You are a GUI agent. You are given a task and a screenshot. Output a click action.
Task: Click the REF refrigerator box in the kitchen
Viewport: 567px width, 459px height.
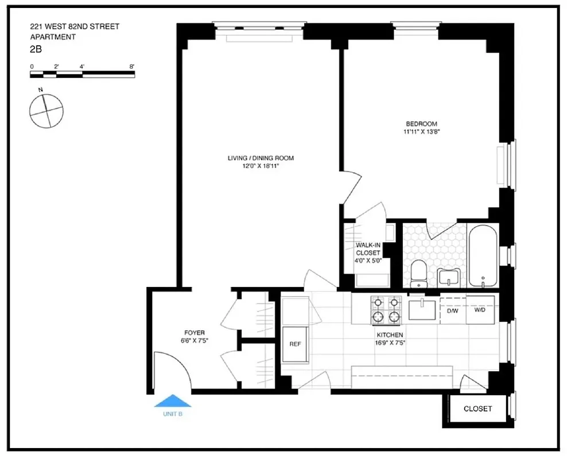295,345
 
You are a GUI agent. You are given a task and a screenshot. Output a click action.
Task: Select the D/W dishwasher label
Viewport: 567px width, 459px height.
453,310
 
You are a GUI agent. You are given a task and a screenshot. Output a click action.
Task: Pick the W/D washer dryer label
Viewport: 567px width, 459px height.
480,310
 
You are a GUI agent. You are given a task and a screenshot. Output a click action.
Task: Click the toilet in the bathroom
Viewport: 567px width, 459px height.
420,273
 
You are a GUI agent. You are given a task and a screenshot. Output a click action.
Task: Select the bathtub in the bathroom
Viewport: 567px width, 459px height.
483,256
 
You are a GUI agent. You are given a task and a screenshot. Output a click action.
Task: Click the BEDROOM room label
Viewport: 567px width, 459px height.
421,124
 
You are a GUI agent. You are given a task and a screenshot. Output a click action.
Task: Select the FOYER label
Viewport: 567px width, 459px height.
194,333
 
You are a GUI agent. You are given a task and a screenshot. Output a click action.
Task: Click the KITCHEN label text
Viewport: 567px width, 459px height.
390,335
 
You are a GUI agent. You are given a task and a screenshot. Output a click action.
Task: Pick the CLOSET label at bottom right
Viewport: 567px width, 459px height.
477,409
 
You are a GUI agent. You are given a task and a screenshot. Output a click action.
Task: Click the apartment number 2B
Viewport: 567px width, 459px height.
36,49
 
